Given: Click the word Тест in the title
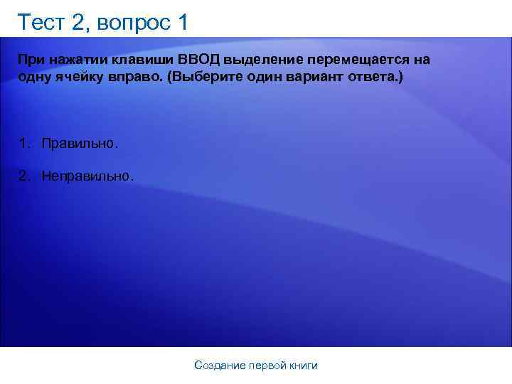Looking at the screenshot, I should (x=41, y=23).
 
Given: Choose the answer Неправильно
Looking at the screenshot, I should (x=87, y=175).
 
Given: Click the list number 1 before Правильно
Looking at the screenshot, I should (x=24, y=144).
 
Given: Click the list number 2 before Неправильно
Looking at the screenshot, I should (x=24, y=175).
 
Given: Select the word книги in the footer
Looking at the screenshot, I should (x=303, y=366).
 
